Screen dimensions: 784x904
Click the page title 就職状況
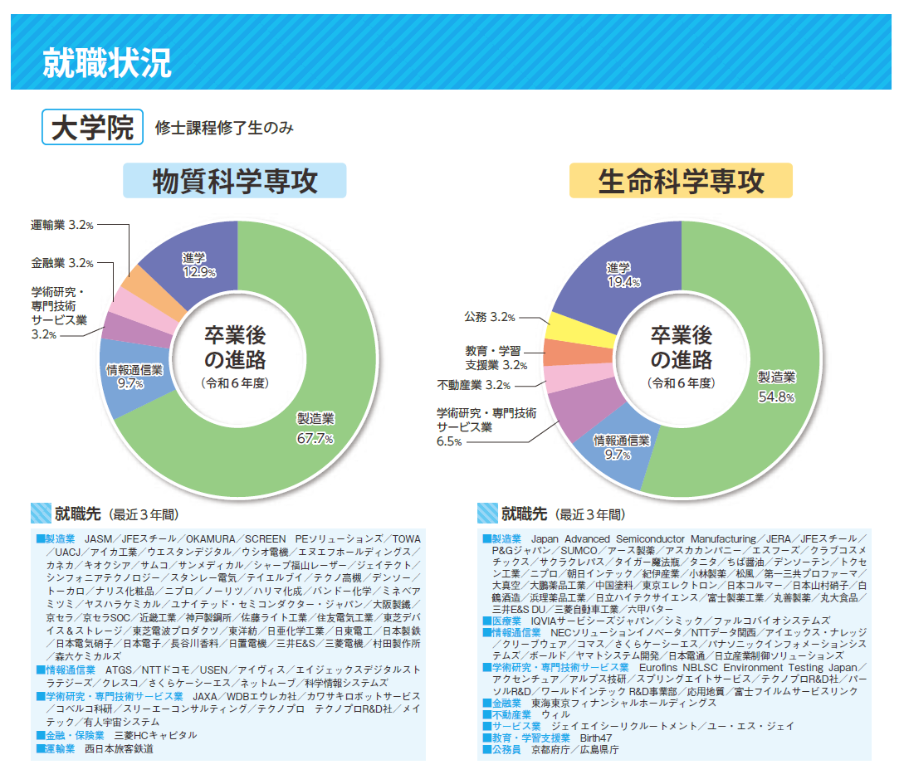107,64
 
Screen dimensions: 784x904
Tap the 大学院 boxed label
92,128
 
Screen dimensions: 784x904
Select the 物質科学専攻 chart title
235,181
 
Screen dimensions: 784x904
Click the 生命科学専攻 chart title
681,181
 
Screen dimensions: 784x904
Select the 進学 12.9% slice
199,264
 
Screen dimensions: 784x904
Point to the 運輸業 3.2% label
62,225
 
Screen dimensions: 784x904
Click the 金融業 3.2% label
62,263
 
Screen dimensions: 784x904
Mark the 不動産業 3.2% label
473,385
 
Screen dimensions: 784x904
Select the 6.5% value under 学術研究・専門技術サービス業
449,442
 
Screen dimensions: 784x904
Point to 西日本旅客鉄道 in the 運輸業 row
120,748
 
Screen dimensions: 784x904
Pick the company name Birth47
596,738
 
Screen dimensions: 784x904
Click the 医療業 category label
506,620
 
